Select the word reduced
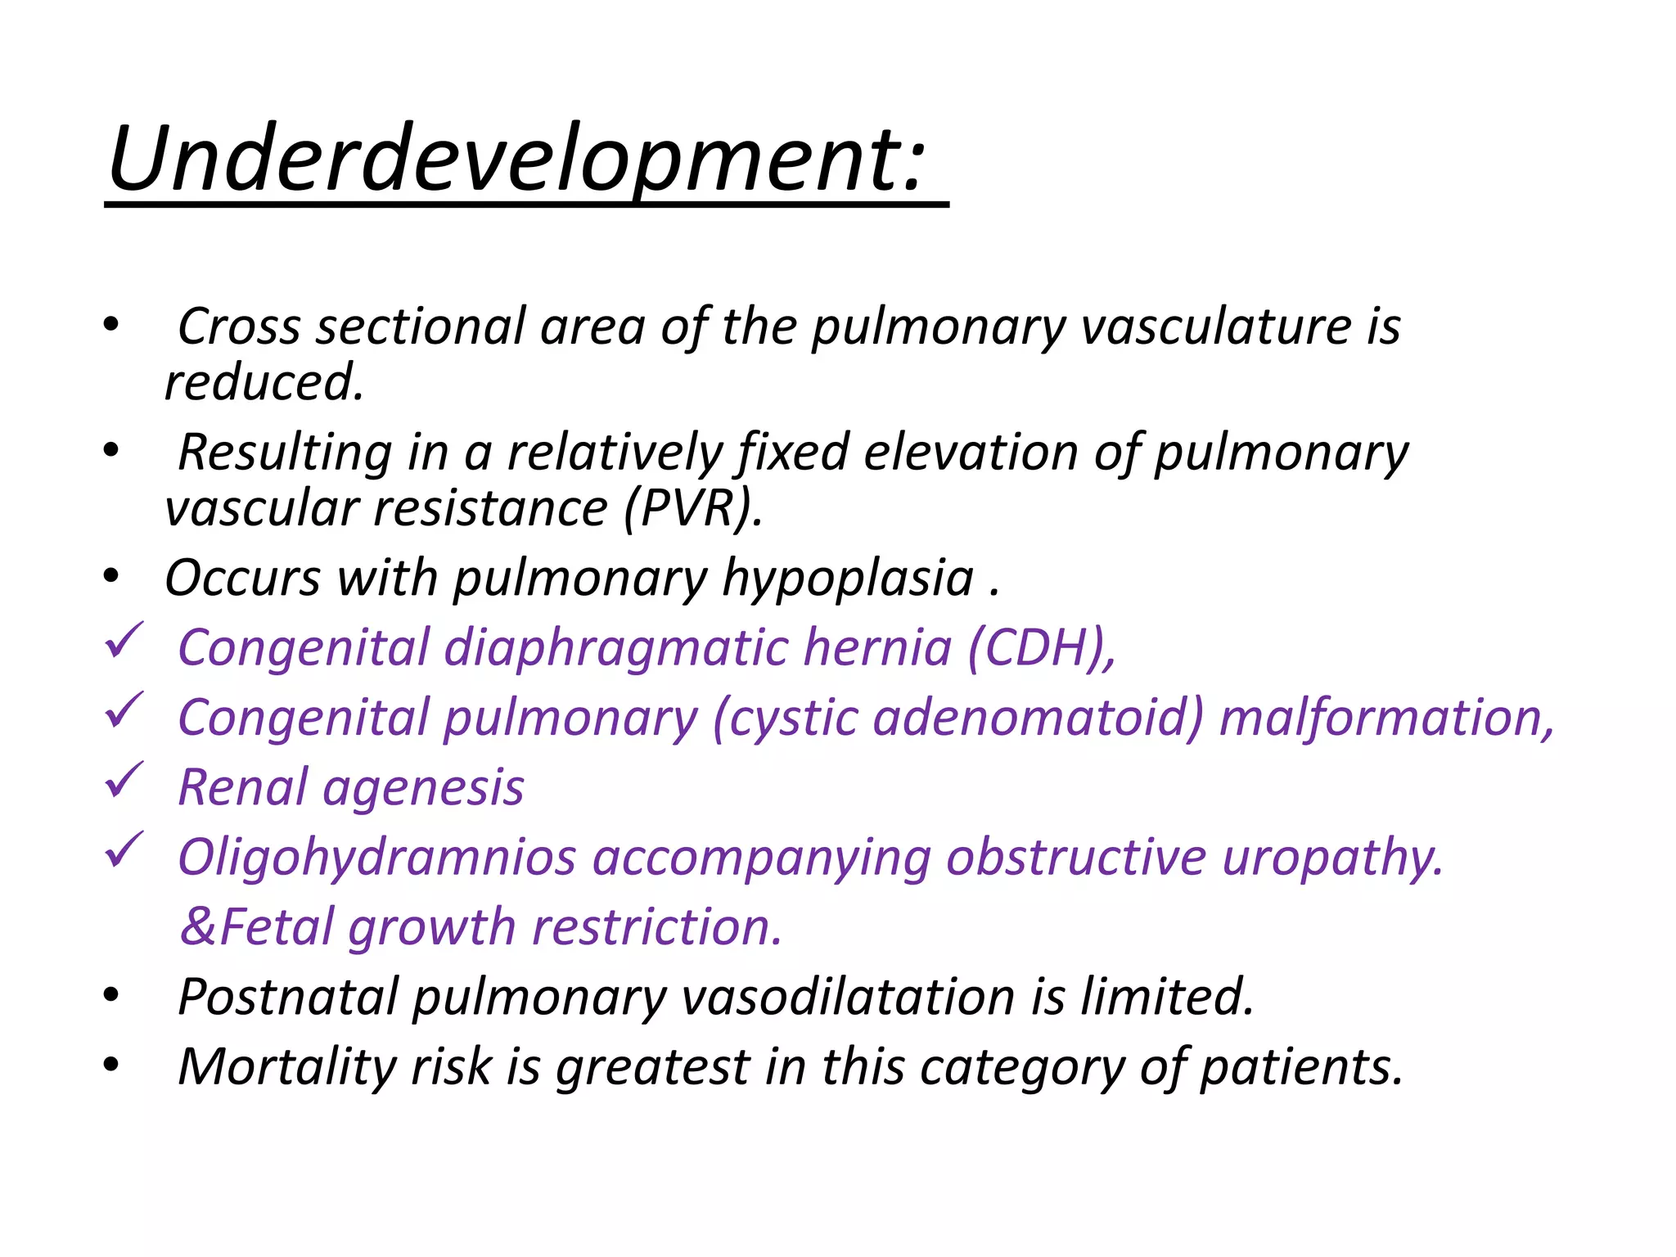click(x=264, y=382)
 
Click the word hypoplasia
click(x=848, y=579)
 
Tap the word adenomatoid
click(x=1038, y=718)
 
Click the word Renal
click(x=242, y=788)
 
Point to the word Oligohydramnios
click(x=377, y=858)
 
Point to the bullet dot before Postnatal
click(x=111, y=996)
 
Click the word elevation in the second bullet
click(x=971, y=453)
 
